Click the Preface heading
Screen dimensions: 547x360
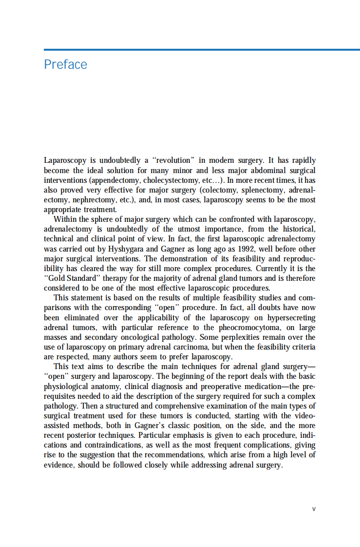pos(65,64)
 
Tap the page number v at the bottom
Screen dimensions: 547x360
pos(314,508)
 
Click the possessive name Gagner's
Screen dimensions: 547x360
pos(150,426)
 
